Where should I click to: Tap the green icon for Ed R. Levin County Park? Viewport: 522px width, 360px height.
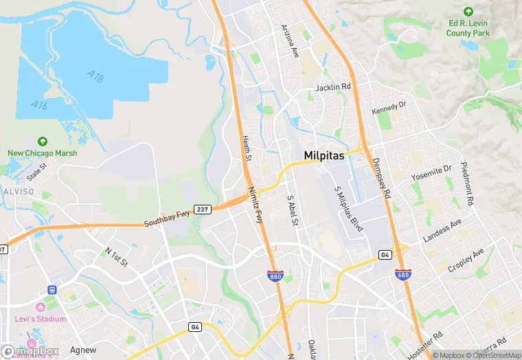(x=468, y=12)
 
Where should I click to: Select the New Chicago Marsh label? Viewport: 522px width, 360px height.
(x=43, y=153)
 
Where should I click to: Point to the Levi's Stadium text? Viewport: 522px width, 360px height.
(x=41, y=319)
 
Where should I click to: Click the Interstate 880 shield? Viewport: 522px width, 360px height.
(x=274, y=275)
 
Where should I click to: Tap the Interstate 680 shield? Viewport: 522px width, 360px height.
(x=403, y=274)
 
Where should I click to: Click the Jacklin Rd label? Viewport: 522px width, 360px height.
(x=333, y=87)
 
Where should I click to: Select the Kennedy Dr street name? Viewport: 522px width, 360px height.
(x=389, y=109)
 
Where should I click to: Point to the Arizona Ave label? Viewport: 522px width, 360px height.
(x=291, y=41)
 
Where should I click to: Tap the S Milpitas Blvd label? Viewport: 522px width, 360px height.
(x=348, y=208)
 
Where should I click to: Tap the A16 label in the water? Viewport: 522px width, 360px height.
(x=39, y=105)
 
